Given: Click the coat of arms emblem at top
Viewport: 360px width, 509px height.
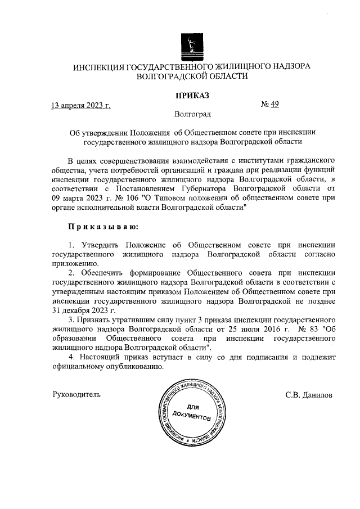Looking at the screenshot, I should [192, 45].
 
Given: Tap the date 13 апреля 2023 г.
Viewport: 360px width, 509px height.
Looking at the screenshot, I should [80, 105].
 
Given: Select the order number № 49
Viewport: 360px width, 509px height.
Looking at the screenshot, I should [271, 104].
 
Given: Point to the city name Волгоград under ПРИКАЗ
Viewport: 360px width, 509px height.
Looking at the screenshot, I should [192, 115].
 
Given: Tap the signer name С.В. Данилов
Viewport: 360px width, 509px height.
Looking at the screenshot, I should [309, 395].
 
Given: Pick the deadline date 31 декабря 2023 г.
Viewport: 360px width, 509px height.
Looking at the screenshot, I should [83, 310].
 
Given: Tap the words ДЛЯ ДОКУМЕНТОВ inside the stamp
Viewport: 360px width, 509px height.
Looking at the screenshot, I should [191, 412].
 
